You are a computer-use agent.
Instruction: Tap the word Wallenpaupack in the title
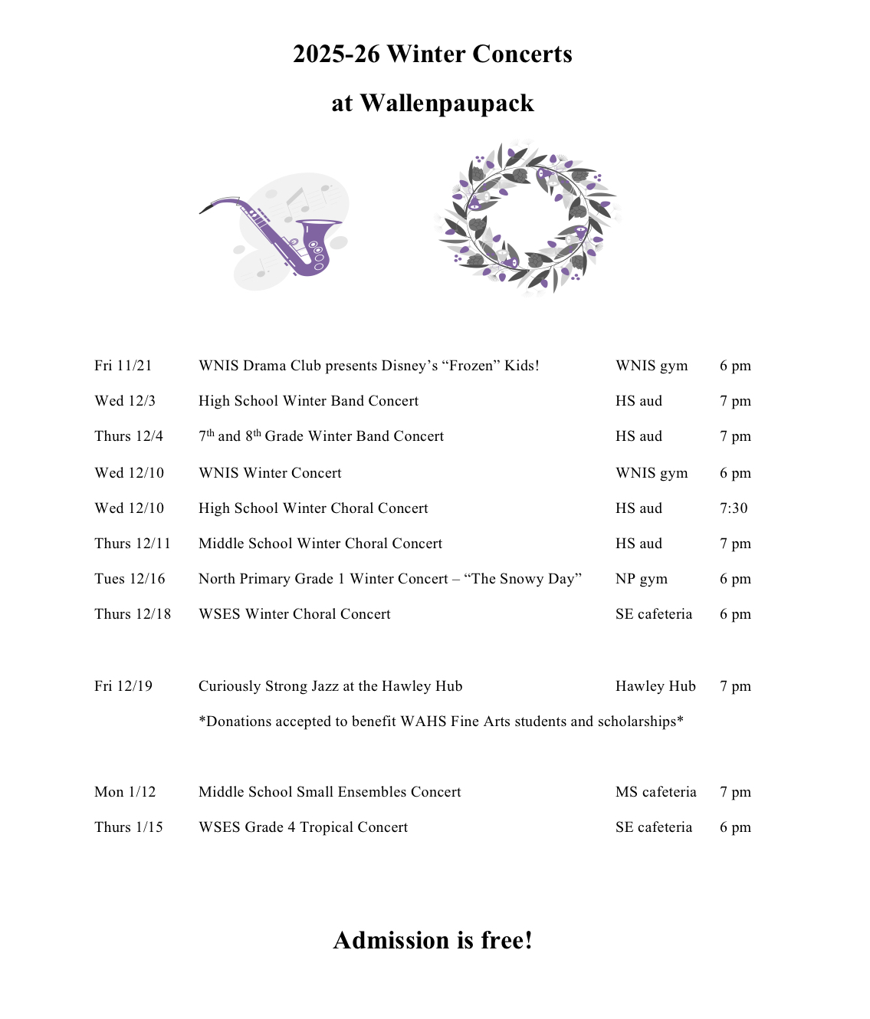pyautogui.click(x=447, y=104)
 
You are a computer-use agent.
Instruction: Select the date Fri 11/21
pyautogui.click(x=123, y=366)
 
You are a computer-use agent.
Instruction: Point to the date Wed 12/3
pyautogui.click(x=125, y=401)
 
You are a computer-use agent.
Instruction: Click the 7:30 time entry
pyautogui.click(x=734, y=508)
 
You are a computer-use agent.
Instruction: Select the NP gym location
pyautogui.click(x=642, y=579)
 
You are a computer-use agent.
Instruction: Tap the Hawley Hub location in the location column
pyautogui.click(x=655, y=686)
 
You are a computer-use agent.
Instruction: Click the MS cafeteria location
pyautogui.click(x=656, y=792)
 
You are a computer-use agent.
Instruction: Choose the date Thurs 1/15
pyautogui.click(x=129, y=827)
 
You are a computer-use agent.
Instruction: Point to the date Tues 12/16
pyautogui.click(x=130, y=579)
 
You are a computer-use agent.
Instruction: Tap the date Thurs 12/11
pyautogui.click(x=133, y=544)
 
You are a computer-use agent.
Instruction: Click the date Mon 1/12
pyautogui.click(x=125, y=792)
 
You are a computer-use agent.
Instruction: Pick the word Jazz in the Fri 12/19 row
pyautogui.click(x=325, y=686)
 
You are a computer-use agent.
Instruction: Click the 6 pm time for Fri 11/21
pyautogui.click(x=735, y=366)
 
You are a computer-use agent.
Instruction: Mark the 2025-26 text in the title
pyautogui.click(x=336, y=54)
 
